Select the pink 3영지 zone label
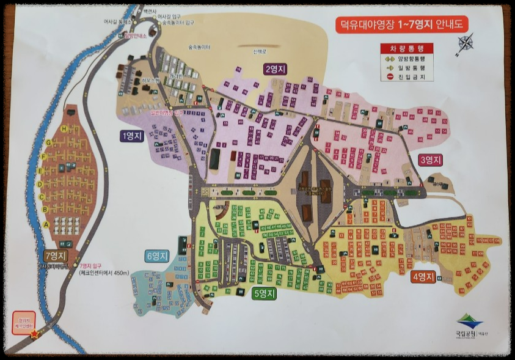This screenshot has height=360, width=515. pos(430,160)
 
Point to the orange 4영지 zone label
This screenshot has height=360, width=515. pos(423,276)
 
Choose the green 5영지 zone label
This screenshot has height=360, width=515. pos(264,293)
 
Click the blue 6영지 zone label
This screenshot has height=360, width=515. pos(157,256)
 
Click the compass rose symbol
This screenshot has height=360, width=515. pos(466,43)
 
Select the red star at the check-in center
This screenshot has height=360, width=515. pos(34,334)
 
